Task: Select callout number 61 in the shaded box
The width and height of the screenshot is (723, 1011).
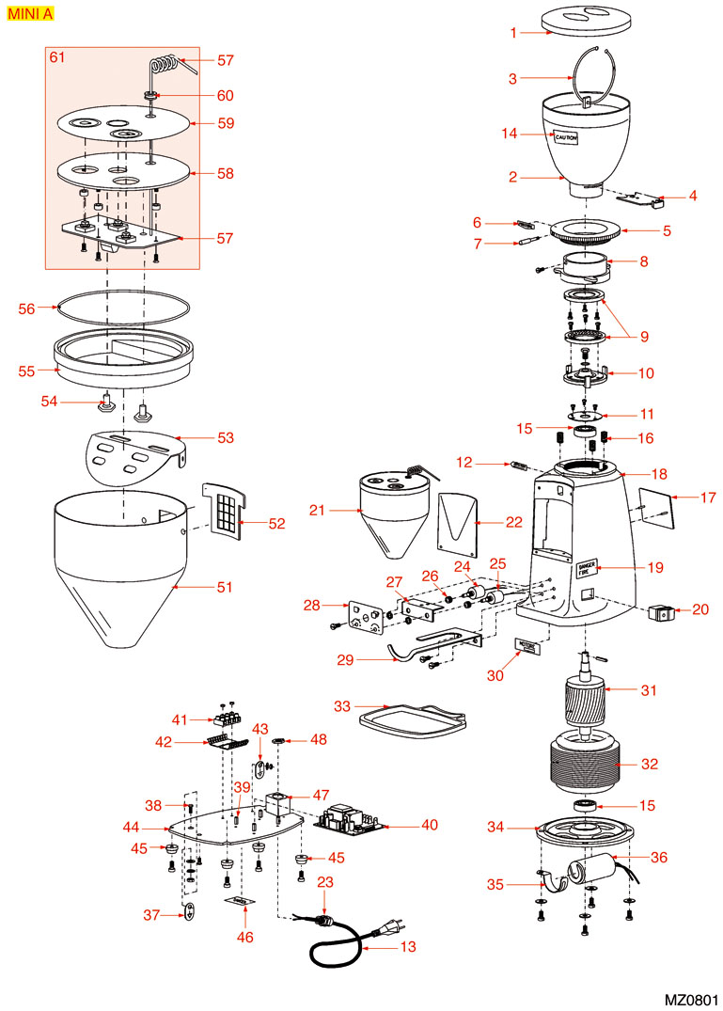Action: (57, 58)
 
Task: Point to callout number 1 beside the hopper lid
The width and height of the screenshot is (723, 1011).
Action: (514, 33)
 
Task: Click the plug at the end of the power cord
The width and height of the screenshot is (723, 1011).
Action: (385, 934)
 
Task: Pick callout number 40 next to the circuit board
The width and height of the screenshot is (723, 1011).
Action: (430, 826)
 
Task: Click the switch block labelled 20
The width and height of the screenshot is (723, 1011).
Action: (662, 613)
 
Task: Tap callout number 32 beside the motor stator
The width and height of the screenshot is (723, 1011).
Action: (650, 765)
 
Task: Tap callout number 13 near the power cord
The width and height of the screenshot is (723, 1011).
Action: (407, 948)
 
